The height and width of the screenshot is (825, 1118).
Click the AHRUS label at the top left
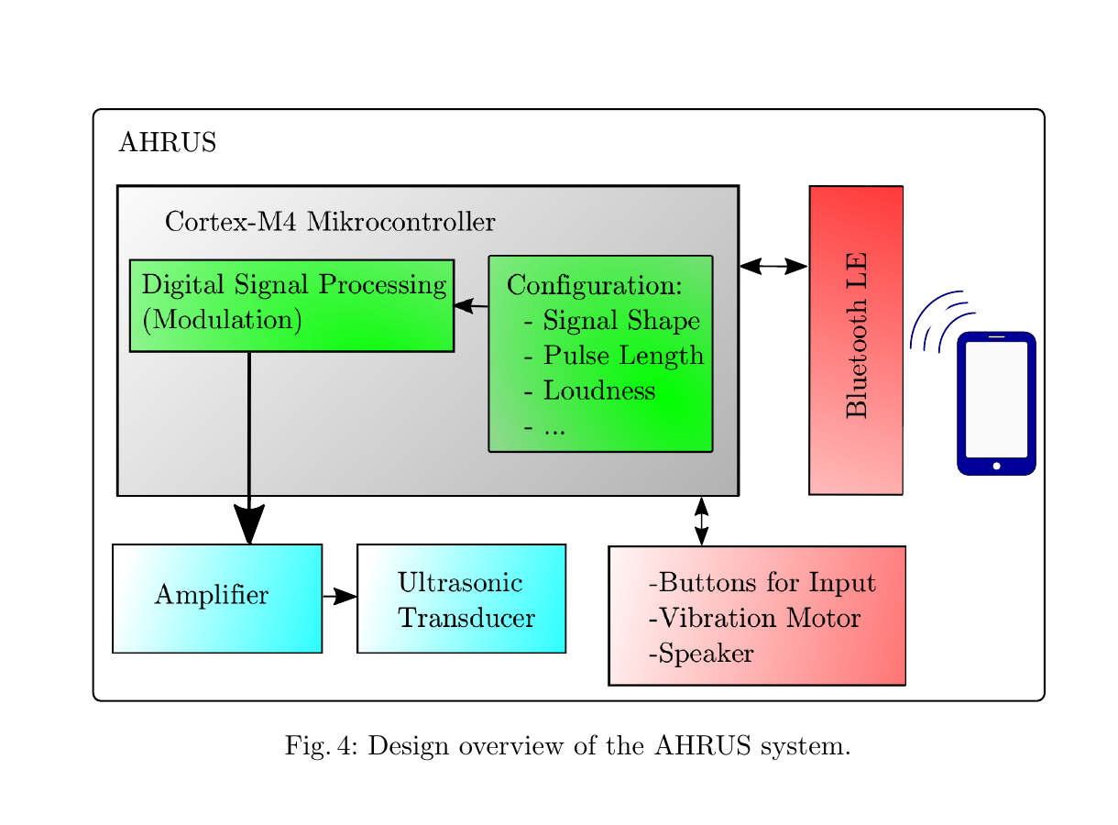tap(167, 144)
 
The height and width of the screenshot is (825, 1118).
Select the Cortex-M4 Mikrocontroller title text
tap(329, 222)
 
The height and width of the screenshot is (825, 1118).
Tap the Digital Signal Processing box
tap(291, 305)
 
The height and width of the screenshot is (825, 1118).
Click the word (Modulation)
tap(222, 320)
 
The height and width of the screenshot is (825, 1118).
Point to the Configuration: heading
tap(594, 285)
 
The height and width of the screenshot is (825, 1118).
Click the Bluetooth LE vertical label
tap(856, 335)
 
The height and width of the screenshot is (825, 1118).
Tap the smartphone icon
tap(996, 403)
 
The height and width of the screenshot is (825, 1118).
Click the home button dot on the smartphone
tap(996, 466)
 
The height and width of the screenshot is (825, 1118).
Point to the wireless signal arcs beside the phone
tap(940, 321)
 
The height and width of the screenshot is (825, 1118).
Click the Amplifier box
tap(216, 598)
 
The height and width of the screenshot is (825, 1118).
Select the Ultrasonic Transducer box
tap(461, 599)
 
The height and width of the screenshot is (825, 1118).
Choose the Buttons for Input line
tap(762, 583)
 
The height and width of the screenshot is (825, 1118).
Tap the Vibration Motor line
tap(754, 619)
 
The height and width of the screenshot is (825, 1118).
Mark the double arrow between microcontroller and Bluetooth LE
tap(773, 267)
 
